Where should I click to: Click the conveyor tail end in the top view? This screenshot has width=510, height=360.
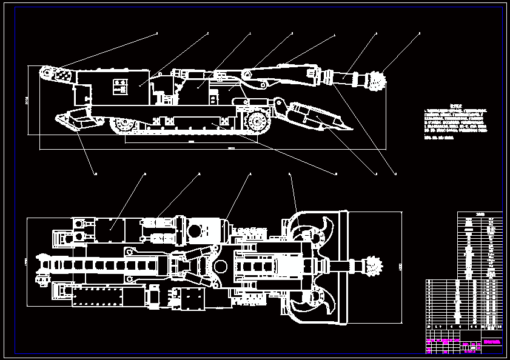pos(42,267)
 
